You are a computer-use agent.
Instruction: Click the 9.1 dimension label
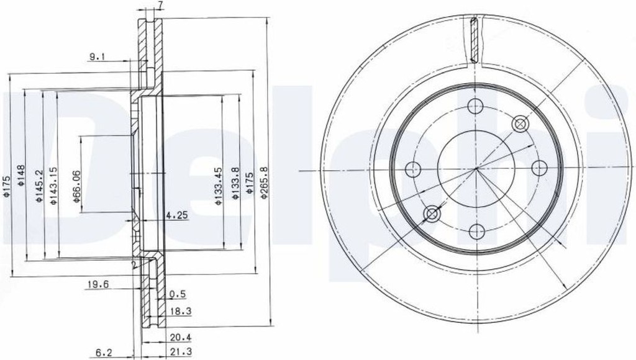(97, 57)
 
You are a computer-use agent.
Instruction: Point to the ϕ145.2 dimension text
(39, 185)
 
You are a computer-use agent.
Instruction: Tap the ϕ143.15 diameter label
(53, 185)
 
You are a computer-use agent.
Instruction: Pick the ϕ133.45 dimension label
(219, 186)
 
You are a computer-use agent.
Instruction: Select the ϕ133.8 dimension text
(235, 184)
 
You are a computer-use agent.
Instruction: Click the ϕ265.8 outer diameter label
(264, 182)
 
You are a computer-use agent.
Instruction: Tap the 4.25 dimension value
(177, 215)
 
